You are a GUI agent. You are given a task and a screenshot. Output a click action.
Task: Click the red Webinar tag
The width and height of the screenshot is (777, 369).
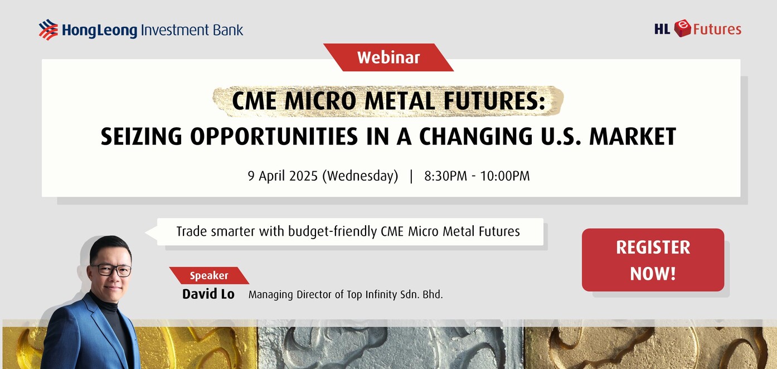click(388, 57)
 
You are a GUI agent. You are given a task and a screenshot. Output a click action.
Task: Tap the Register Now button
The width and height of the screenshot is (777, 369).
click(653, 260)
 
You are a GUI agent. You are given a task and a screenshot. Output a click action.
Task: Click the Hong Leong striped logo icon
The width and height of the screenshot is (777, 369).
click(48, 30)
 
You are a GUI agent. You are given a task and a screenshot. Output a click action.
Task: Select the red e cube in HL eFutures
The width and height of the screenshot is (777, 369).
click(683, 28)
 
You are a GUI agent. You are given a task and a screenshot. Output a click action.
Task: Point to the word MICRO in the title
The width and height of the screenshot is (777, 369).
click(320, 101)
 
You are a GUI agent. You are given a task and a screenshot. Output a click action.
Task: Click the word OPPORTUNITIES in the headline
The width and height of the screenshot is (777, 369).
click(274, 136)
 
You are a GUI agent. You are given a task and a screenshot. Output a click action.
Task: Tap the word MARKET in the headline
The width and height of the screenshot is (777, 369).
click(633, 136)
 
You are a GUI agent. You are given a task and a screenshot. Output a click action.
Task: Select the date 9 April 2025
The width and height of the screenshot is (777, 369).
click(283, 176)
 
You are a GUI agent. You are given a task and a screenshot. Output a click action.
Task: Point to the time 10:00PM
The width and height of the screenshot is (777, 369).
click(505, 176)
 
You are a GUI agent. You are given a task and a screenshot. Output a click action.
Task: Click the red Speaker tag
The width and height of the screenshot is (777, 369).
click(209, 276)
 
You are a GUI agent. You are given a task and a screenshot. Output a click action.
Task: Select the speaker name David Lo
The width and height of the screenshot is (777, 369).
click(208, 294)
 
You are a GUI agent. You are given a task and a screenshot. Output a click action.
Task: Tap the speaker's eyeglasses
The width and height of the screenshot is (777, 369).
click(111, 269)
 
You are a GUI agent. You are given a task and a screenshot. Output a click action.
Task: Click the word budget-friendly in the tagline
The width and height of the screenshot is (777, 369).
click(332, 231)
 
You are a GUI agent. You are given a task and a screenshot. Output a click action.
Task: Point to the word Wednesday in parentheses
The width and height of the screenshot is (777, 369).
click(361, 176)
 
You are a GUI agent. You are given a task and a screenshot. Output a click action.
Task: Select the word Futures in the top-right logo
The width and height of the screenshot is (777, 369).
click(717, 29)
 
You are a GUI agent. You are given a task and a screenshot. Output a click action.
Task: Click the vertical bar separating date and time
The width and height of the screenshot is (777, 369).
click(411, 176)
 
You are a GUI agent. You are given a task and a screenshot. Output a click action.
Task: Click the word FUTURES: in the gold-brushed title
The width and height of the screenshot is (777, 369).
click(494, 101)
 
